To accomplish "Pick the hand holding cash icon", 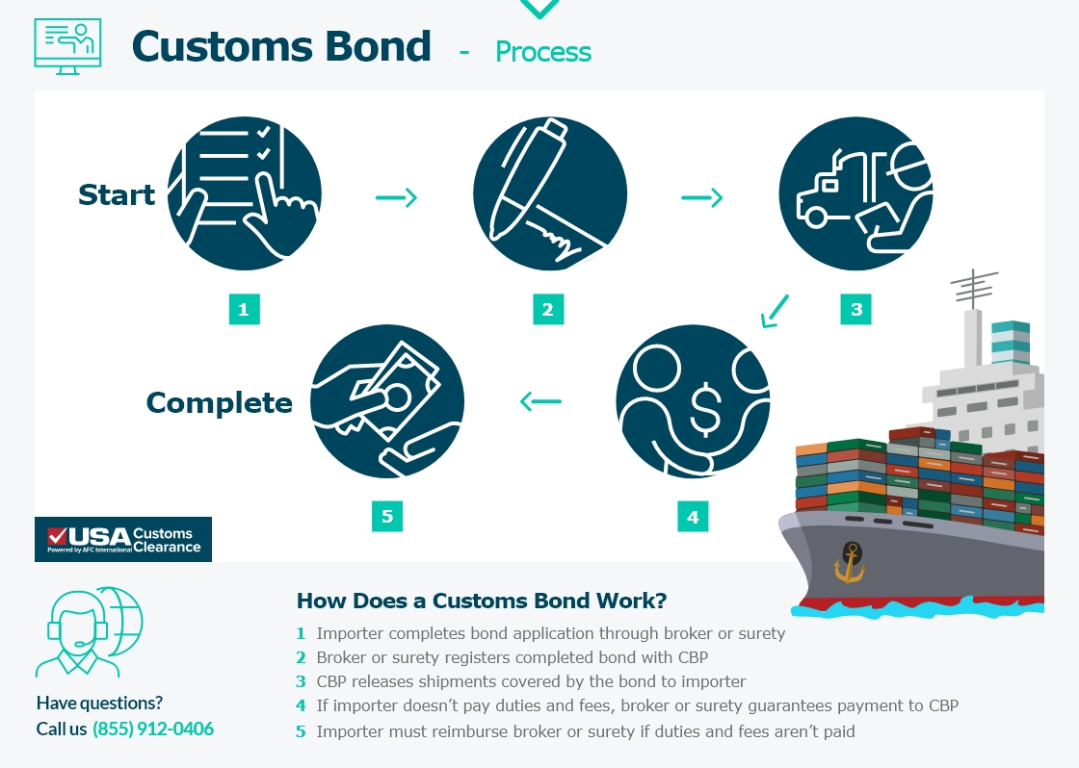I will (387, 401).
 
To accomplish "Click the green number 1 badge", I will (244, 309).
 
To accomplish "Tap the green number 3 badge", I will (855, 309).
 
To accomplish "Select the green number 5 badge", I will (387, 516).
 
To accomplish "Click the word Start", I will (117, 195).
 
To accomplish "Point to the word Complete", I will (219, 402).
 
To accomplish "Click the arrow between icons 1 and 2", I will (396, 198).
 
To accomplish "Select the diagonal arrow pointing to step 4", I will (774, 311).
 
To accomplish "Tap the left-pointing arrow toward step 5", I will (540, 400).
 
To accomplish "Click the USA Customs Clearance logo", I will (123, 540).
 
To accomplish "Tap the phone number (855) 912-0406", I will (153, 729).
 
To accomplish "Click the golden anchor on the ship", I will (850, 560).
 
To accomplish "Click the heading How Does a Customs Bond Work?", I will (481, 602).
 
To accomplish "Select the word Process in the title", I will (543, 52).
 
